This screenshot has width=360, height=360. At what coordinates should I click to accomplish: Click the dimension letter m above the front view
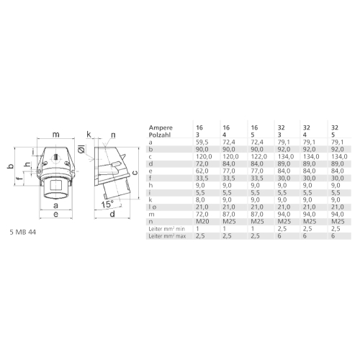click(56, 135)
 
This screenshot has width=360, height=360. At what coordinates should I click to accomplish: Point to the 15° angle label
click(106, 204)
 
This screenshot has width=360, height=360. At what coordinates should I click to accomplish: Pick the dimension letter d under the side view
click(113, 214)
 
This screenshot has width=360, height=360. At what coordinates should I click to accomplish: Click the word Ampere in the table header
click(160, 123)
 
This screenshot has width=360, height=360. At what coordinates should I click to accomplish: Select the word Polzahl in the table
click(160, 132)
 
